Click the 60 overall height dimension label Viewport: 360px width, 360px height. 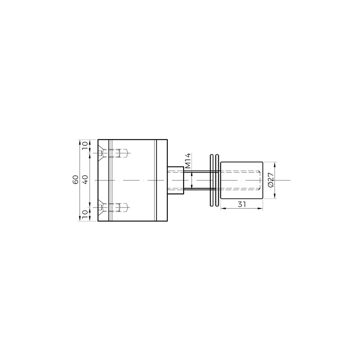pos(76,180)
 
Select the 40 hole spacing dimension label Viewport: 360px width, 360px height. pos(85,180)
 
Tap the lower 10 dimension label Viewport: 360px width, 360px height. pos(85,213)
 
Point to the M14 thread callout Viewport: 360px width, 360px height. pos(188,161)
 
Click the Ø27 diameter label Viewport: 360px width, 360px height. pos(271,180)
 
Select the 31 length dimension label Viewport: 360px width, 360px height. pos(242,204)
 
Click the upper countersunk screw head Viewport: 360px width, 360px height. pos(100,153)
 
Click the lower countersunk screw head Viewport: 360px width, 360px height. pos(100,207)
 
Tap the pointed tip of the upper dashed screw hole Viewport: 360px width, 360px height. pos(128,153)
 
